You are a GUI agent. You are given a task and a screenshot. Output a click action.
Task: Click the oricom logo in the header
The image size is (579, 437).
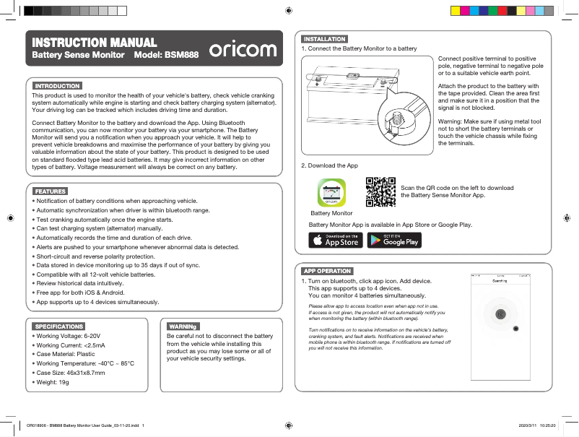(243, 49)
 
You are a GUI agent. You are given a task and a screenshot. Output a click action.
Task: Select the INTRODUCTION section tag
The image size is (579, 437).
(57, 86)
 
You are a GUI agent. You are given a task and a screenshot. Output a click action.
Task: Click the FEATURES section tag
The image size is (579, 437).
(51, 191)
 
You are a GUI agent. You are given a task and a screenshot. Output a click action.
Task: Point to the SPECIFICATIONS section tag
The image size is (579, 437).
(59, 326)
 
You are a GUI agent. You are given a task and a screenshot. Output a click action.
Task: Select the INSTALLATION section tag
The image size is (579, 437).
(324, 39)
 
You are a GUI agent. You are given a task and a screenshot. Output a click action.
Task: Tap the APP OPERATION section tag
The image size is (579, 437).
(328, 271)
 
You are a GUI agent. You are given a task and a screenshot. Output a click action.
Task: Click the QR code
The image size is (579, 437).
(381, 192)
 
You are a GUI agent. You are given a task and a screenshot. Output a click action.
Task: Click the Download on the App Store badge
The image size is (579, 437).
(336, 240)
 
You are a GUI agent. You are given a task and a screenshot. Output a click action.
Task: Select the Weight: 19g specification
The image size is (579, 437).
(53, 381)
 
